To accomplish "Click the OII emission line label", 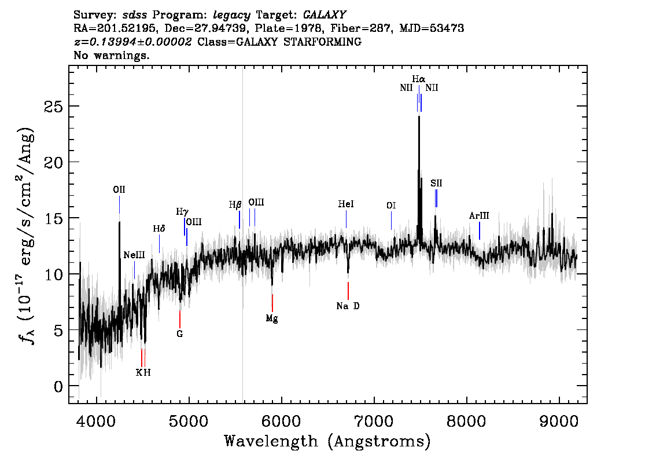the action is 119,190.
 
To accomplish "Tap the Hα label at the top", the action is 419,79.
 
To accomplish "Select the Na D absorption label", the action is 348,306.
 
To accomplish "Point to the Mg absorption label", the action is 272,319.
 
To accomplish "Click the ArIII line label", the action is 479,216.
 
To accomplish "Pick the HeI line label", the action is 346,204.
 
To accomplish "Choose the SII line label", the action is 436,184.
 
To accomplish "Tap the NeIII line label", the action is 134,255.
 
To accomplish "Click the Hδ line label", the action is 159,229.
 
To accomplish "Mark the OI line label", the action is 391,206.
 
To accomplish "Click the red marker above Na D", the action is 348,291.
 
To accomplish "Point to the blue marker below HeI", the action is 346,219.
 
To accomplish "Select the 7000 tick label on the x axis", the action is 373,422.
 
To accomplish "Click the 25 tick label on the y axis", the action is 54,107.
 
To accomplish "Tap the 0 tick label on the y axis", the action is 58,386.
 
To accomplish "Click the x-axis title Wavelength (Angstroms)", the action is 327,441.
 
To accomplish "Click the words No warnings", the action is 111,55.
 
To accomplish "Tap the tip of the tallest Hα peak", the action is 419,116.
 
